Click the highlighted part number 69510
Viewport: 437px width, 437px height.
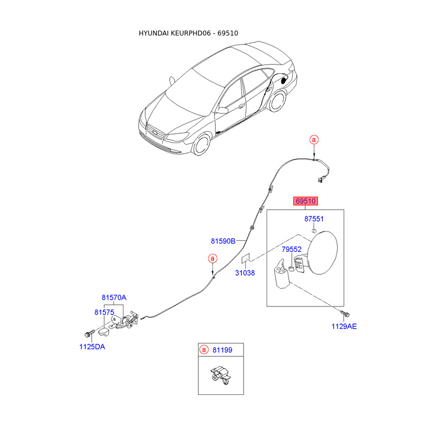306,201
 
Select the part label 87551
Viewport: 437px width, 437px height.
314,219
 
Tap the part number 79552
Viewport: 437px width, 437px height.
292,249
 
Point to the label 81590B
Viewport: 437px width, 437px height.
223,240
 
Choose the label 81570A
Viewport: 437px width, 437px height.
114,298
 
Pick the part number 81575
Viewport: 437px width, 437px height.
104,312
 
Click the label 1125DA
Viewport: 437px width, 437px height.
92,346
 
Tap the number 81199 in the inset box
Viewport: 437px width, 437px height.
223,350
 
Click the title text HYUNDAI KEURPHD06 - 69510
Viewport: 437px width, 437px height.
188,33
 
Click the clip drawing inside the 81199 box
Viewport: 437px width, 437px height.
220,376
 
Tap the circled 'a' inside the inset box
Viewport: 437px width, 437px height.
204,350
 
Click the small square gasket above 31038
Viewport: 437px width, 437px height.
246,257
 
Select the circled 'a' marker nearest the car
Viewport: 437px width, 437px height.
314,140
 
